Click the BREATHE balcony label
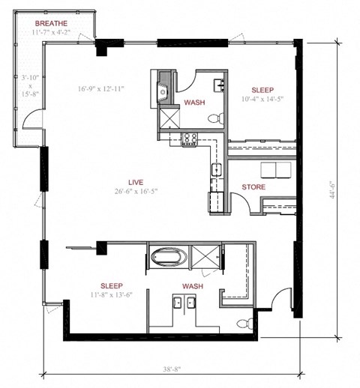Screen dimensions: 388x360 (x=51, y=24)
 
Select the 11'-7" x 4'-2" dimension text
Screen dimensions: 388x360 (x=51, y=33)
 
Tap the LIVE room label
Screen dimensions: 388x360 (x=136, y=181)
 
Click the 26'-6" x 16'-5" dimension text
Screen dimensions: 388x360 (x=136, y=191)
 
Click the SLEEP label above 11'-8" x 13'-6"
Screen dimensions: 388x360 (x=112, y=285)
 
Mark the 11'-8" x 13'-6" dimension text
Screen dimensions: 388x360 (x=112, y=295)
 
